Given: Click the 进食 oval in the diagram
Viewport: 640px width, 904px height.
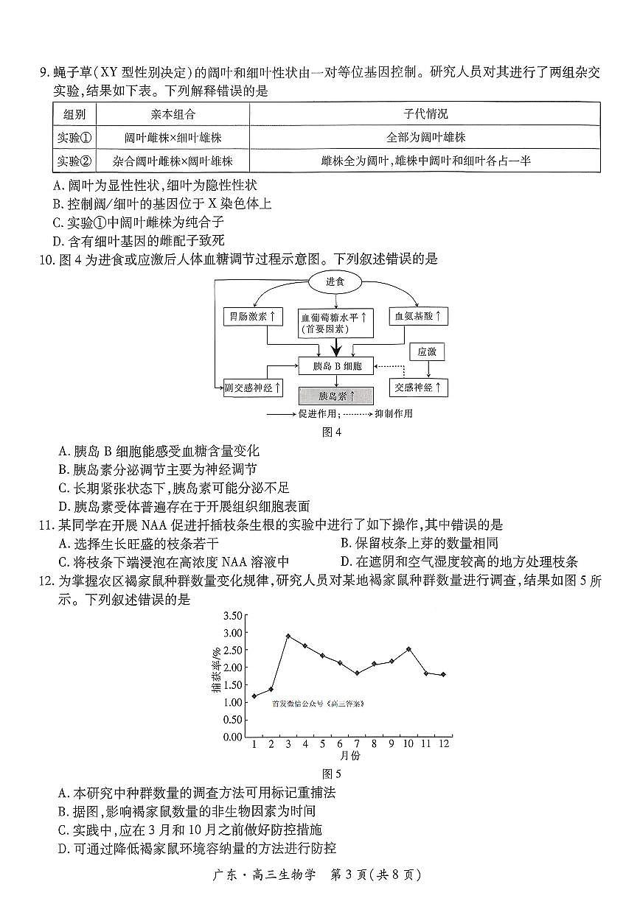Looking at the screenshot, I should [x=336, y=281].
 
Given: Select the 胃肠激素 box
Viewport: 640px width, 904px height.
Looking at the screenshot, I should [x=253, y=316].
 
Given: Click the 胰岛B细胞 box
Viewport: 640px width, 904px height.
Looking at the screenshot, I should [x=336, y=365].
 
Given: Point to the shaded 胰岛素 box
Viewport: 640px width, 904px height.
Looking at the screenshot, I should [x=336, y=396].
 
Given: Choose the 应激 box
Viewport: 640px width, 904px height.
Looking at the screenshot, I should [x=427, y=352].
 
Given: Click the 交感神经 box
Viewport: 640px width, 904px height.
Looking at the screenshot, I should [x=418, y=387].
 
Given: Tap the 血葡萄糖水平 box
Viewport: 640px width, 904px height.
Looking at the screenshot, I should [x=336, y=323].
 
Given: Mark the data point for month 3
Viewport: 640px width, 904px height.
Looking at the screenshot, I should [x=288, y=636].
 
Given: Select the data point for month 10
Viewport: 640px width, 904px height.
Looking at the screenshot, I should [x=408, y=649].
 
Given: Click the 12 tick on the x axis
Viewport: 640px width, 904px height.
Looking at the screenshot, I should [x=444, y=744].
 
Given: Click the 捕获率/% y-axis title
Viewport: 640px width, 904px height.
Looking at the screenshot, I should [x=215, y=671].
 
